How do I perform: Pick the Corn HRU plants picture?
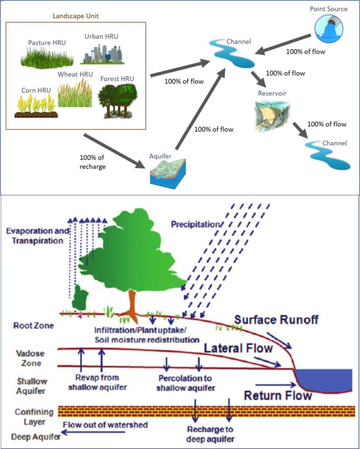tap(36, 106)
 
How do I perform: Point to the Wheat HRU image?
tap(75, 92)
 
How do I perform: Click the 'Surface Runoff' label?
tap(277, 320)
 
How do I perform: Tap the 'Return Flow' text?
tap(278, 395)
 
